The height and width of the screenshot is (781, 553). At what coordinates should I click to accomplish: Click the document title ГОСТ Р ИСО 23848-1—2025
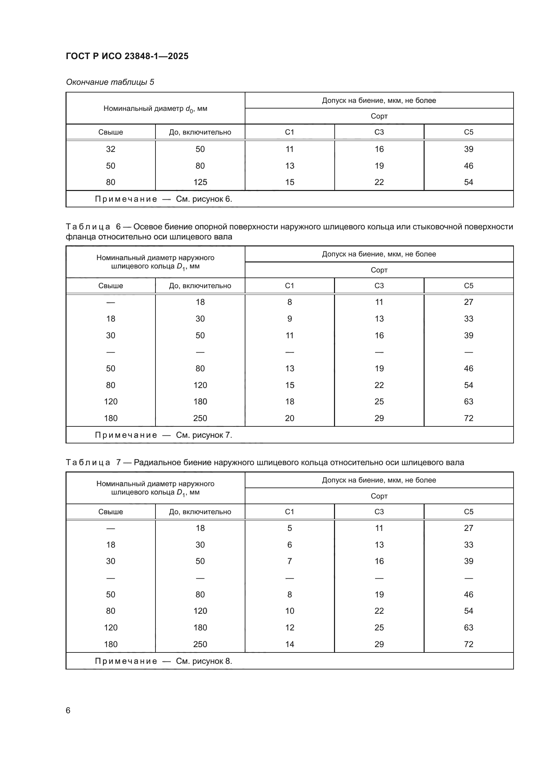tap(127, 56)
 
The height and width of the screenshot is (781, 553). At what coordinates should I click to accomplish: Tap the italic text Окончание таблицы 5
tap(110, 82)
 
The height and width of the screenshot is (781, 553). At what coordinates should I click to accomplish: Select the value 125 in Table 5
tap(200, 182)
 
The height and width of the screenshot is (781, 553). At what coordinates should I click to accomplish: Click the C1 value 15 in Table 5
tap(290, 182)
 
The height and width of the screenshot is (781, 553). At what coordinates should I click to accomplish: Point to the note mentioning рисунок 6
tap(163, 199)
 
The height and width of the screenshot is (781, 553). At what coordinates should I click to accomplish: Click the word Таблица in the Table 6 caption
tap(88, 227)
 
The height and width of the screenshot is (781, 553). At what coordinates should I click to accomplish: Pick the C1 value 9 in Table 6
tap(290, 319)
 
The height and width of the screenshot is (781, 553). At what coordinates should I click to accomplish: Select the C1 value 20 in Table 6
tap(290, 418)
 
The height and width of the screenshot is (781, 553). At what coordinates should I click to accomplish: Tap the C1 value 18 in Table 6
tap(290, 401)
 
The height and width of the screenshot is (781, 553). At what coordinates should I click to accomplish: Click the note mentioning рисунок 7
tap(163, 435)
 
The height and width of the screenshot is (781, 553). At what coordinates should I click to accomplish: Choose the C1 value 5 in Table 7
tap(290, 528)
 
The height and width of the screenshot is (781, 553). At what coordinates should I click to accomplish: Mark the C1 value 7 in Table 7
tap(290, 561)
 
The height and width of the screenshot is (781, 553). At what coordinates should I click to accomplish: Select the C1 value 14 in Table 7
tap(290, 644)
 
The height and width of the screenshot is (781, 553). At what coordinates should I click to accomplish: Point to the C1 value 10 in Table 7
tap(290, 611)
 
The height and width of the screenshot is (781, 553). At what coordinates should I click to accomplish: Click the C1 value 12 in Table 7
tap(290, 627)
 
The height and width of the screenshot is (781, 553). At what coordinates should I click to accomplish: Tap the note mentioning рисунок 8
tap(163, 661)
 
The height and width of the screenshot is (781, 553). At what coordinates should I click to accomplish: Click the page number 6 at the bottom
tap(68, 710)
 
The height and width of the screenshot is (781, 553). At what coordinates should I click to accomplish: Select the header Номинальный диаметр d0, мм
tap(155, 109)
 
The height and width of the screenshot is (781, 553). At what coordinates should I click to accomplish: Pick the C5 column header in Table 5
tap(468, 132)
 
